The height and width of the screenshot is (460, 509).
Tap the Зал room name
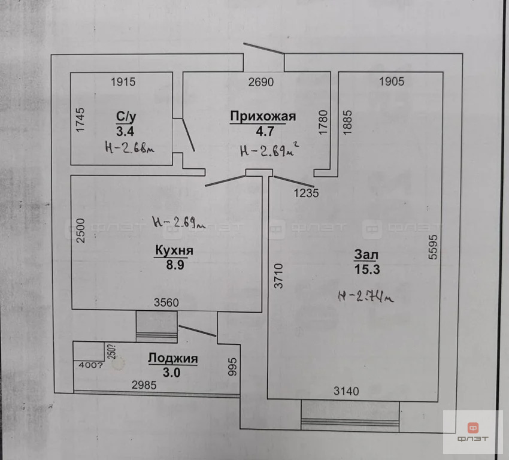[366, 255]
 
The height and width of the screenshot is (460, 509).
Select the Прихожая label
[263, 116]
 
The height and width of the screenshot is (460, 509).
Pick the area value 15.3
[366, 270]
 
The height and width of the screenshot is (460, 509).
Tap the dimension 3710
[277, 277]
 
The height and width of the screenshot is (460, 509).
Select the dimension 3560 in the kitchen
[166, 303]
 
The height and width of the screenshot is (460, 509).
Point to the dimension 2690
[261, 82]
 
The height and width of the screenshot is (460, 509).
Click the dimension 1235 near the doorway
[306, 193]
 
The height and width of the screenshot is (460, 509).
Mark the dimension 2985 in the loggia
[144, 386]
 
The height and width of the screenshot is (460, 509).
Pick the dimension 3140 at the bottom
[346, 392]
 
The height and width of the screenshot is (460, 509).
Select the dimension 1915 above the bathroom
[123, 82]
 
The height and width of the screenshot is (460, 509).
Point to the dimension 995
[234, 366]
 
